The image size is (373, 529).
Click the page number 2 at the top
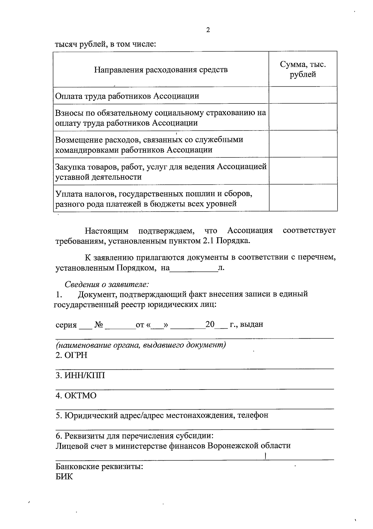(208, 30)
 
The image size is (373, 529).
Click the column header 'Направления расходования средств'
(161, 69)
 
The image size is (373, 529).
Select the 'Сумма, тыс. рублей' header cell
(303, 69)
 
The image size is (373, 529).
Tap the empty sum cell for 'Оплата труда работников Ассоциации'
(303, 95)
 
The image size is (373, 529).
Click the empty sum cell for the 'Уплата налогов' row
(303, 198)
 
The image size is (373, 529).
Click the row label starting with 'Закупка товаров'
(161, 172)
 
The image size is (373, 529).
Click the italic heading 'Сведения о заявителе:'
(107, 284)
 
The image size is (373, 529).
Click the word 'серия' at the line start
(66, 325)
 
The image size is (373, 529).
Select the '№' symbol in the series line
(99, 325)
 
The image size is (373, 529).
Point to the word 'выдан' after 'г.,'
(251, 325)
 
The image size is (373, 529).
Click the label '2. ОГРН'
(71, 355)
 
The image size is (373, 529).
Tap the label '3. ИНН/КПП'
(80, 376)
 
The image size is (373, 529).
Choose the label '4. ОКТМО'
(76, 396)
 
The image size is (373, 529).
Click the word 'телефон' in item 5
(253, 415)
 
